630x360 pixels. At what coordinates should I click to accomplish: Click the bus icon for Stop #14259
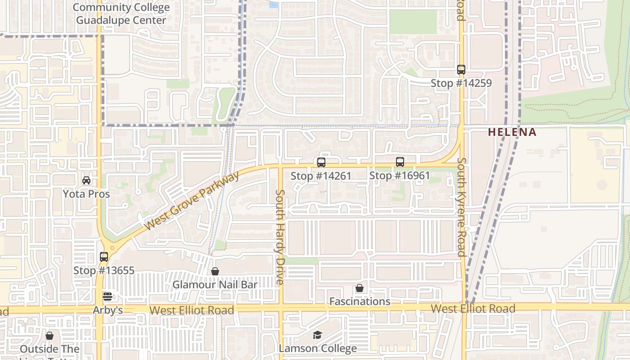click(461, 70)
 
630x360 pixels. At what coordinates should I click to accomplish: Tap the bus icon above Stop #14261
click(321, 162)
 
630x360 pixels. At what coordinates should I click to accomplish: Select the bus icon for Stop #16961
click(400, 162)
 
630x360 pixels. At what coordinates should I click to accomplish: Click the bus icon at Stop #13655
click(104, 257)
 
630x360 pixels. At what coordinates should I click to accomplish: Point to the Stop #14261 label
click(320, 176)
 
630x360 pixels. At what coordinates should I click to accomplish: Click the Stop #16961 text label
click(400, 175)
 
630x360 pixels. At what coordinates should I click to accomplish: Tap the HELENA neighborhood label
click(512, 132)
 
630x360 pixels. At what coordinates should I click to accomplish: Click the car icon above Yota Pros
click(86, 180)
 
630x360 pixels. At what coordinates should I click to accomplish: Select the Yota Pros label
click(86, 194)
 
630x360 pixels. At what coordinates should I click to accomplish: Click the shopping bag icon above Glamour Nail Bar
click(215, 271)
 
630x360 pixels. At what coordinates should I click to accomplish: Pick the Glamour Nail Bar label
click(215, 285)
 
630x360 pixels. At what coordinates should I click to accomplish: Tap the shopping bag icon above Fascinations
click(359, 288)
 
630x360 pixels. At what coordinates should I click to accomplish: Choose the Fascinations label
click(360, 301)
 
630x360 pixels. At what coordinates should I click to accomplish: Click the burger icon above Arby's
click(107, 297)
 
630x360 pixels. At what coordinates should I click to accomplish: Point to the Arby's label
click(108, 310)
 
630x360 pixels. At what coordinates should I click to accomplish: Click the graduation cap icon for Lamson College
click(318, 335)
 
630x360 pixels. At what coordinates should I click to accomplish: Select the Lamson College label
click(318, 348)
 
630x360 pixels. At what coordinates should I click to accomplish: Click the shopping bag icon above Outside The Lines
click(49, 336)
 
